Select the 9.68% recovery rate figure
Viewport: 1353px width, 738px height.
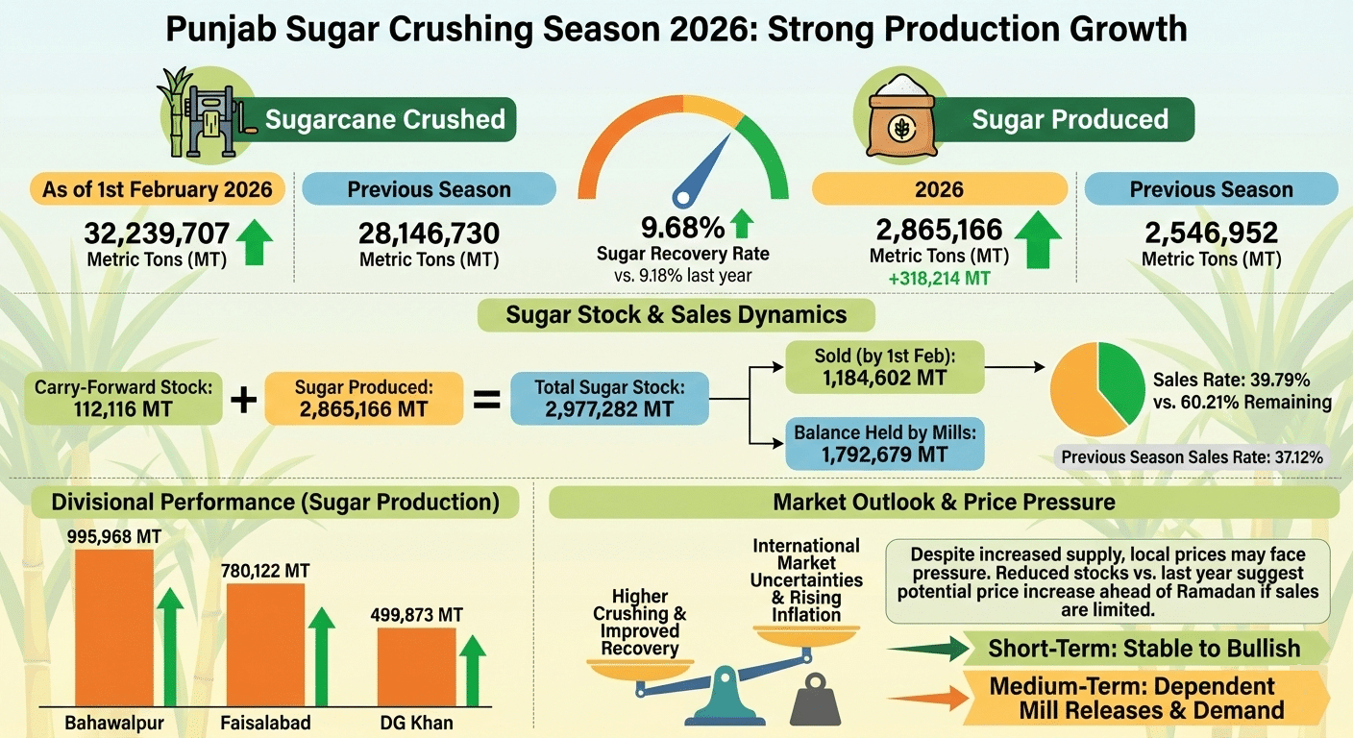pyautogui.click(x=682, y=229)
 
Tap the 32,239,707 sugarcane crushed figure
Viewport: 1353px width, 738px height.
pyautogui.click(x=157, y=234)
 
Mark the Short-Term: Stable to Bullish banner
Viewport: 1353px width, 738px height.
pyautogui.click(x=1144, y=649)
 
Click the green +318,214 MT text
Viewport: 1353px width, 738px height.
pyautogui.click(x=939, y=279)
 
